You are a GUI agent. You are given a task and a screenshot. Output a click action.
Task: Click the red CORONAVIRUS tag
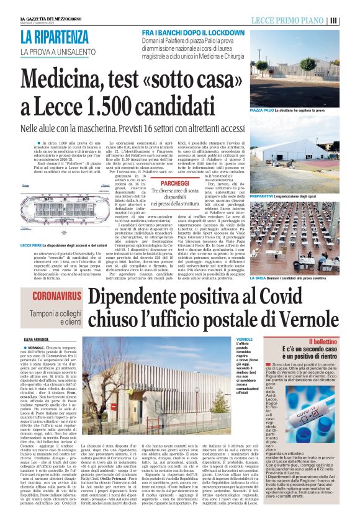(x=57, y=296)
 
